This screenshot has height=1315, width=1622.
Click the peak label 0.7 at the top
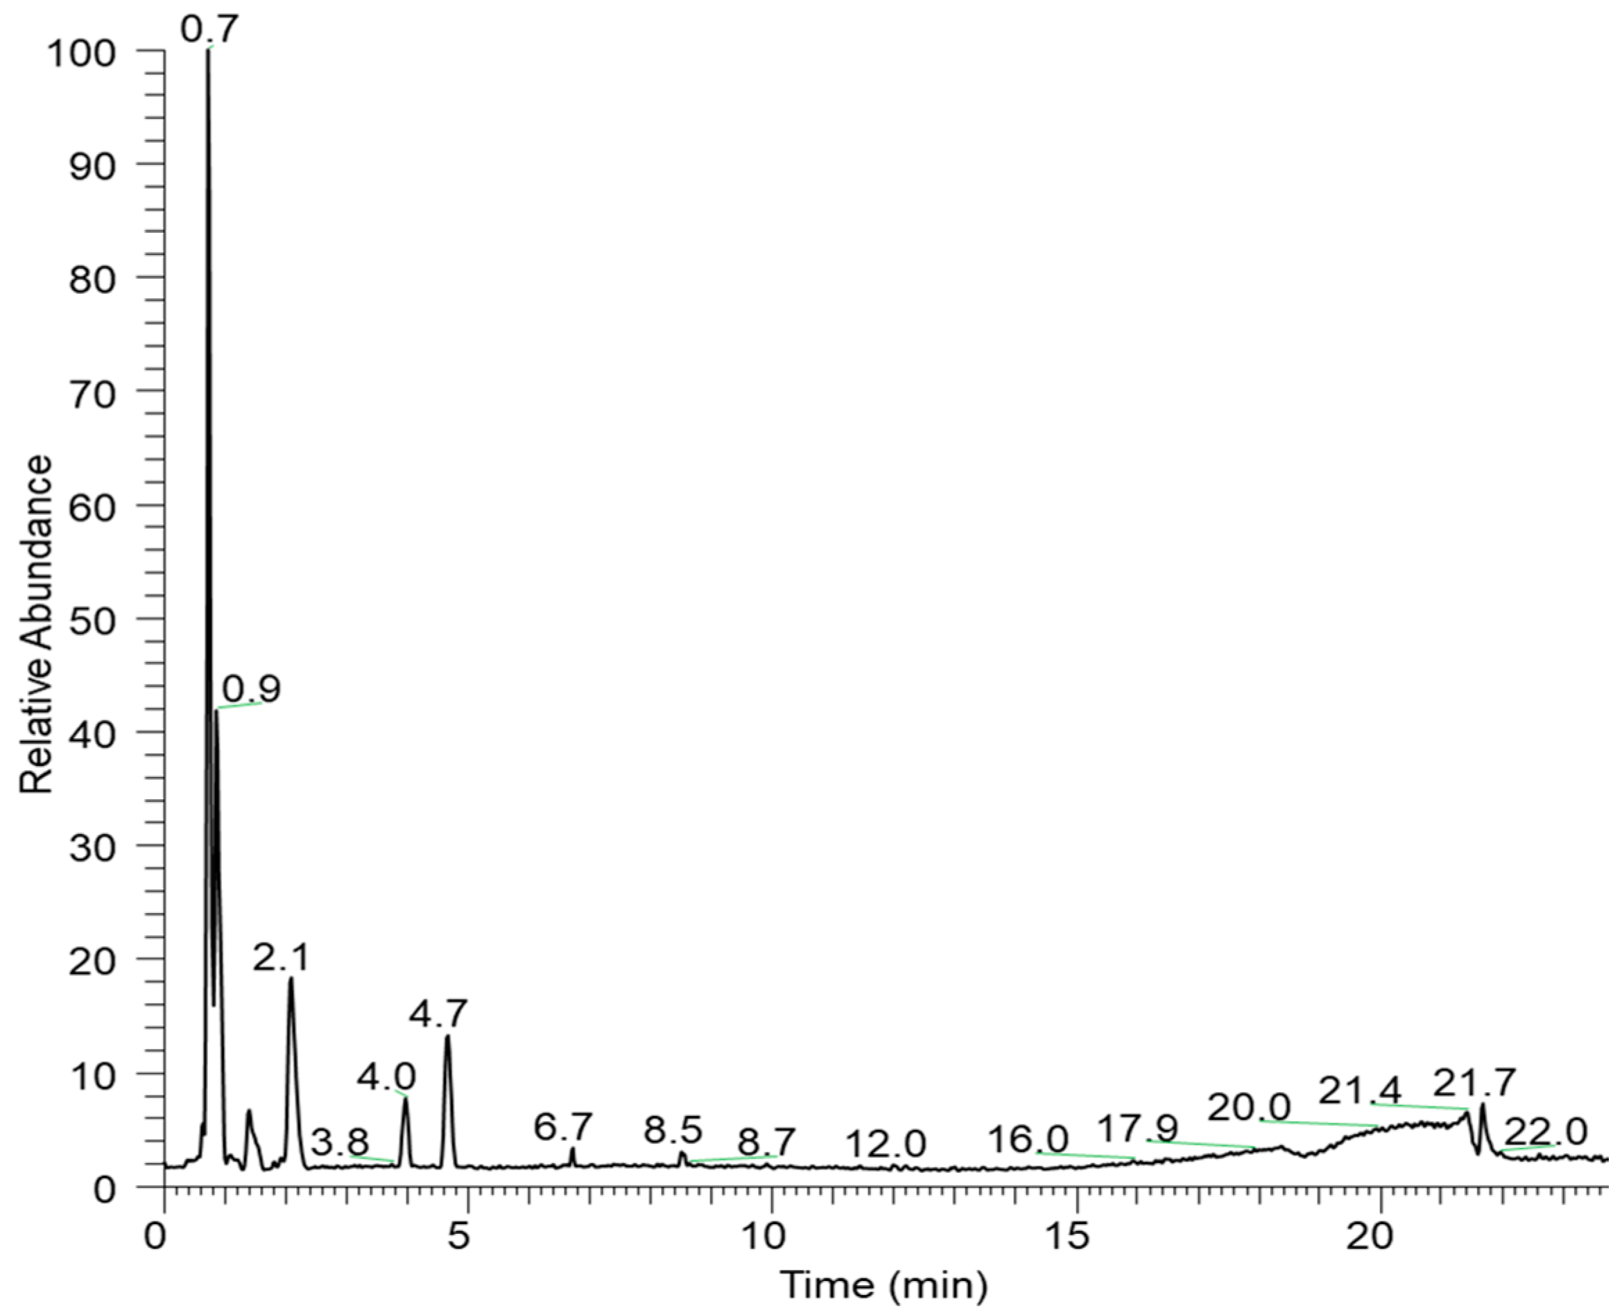pyautogui.click(x=209, y=30)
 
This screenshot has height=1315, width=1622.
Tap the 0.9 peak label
pyautogui.click(x=251, y=688)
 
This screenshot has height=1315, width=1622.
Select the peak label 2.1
pyautogui.click(x=281, y=958)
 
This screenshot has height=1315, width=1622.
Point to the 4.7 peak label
pyautogui.click(x=439, y=1013)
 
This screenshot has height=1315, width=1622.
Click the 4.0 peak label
pyautogui.click(x=386, y=1077)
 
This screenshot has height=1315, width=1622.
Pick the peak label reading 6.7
pyautogui.click(x=563, y=1127)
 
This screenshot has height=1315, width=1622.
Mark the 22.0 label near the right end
pyautogui.click(x=1545, y=1133)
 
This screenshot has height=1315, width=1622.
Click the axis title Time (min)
pyautogui.click(x=883, y=1284)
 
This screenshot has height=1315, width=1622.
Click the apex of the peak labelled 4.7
pyautogui.click(x=448, y=1036)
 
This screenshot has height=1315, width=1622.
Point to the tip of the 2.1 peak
pyautogui.click(x=290, y=979)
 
